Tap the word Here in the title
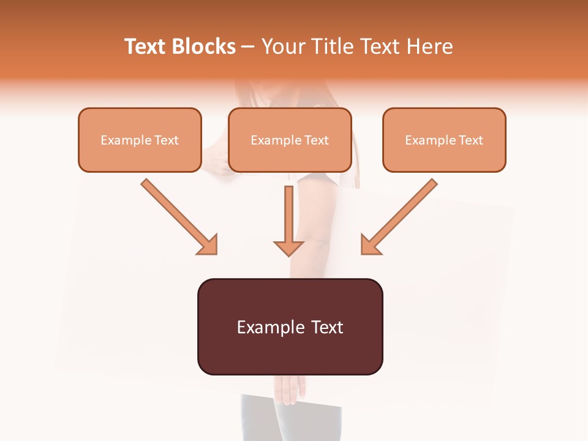429,47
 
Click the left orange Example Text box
140,140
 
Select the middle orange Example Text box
290,140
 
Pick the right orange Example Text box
444,140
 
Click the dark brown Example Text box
290,327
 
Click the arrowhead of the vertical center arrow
288,247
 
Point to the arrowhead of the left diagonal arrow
208,245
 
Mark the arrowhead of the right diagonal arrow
370,245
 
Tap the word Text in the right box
471,140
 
